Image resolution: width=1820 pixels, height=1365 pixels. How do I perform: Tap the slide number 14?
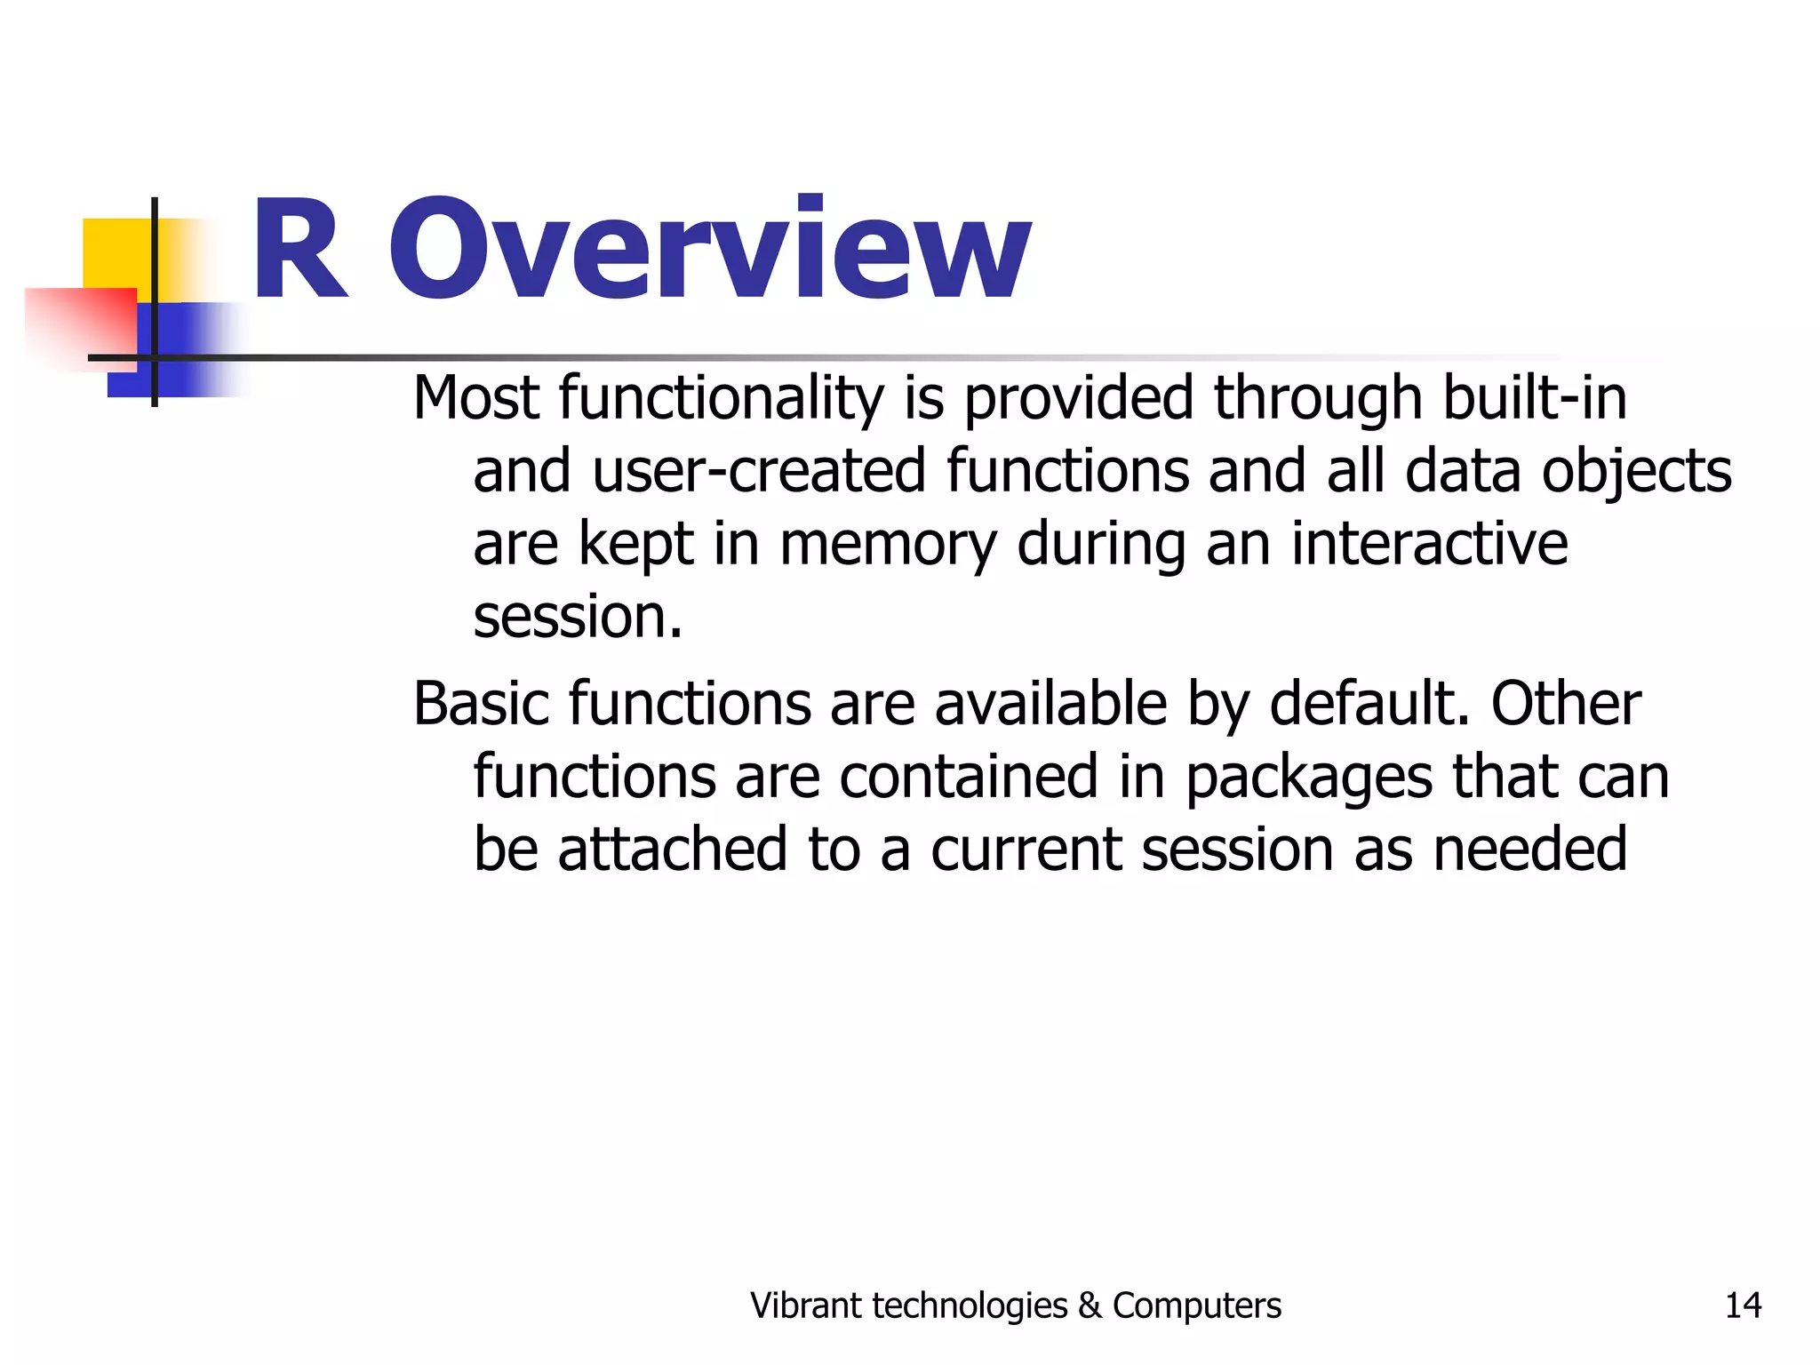(1743, 1305)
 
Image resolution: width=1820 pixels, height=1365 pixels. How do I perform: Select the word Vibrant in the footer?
(806, 1305)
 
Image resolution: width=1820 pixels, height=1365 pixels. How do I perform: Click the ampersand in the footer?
(1089, 1305)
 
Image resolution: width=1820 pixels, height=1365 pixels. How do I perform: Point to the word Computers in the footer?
(1197, 1305)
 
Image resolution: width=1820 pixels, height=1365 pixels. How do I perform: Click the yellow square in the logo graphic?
(116, 253)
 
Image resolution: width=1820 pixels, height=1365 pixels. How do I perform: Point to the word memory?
(888, 544)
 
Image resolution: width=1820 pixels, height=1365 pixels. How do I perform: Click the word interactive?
(1430, 544)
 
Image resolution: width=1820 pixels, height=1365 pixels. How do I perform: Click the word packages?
(1309, 778)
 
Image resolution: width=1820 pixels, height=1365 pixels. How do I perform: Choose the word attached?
(673, 850)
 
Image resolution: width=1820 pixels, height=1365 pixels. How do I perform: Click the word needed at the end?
(1530, 850)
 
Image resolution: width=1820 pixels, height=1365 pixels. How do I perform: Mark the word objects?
(1637, 471)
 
